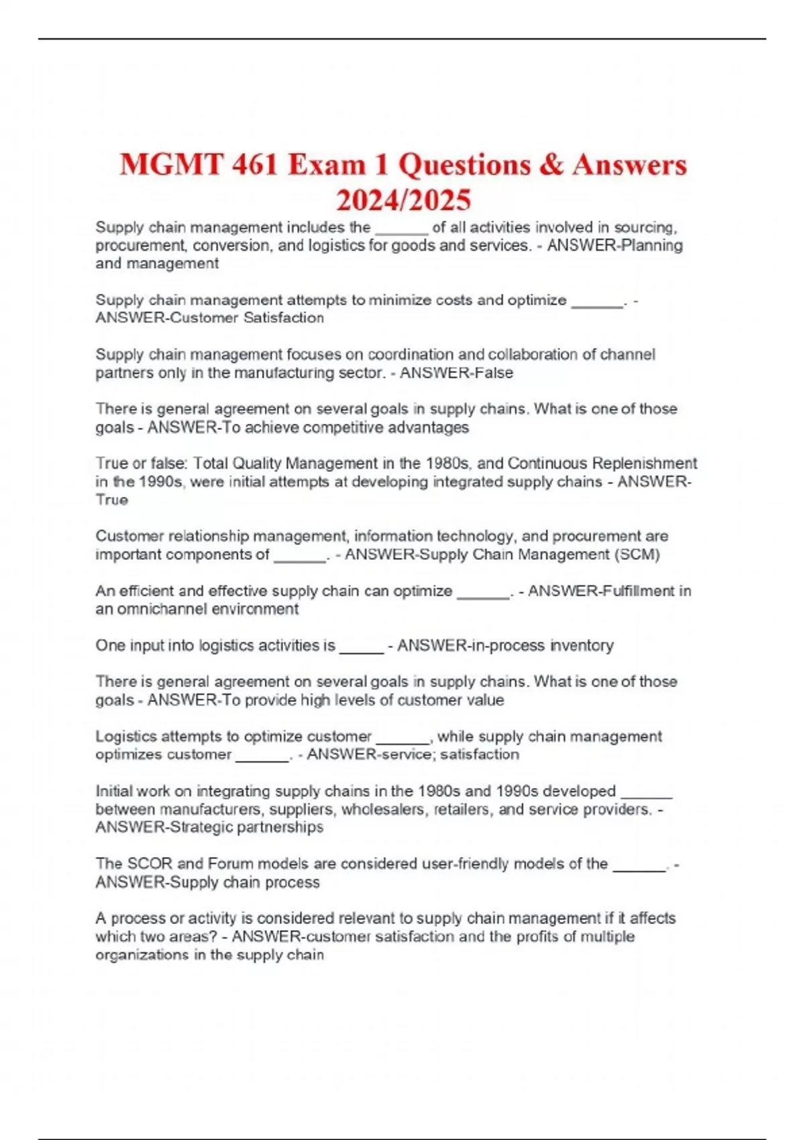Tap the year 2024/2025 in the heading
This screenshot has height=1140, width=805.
tap(403, 200)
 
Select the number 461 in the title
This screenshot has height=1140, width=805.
tap(255, 165)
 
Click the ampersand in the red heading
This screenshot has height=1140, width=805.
tap(551, 165)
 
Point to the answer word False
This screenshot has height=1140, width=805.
tap(492, 373)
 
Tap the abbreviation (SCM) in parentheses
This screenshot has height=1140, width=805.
tap(637, 555)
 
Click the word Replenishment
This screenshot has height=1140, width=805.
tap(644, 463)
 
